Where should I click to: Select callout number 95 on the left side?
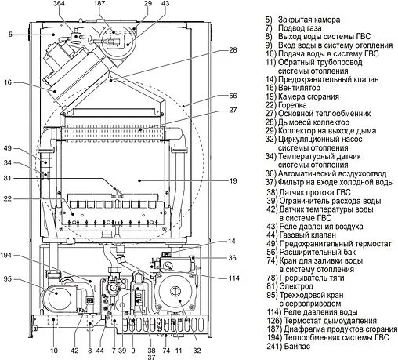tap(9, 278)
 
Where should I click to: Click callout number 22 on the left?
tap(7, 199)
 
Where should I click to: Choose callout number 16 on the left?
tap(7, 82)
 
